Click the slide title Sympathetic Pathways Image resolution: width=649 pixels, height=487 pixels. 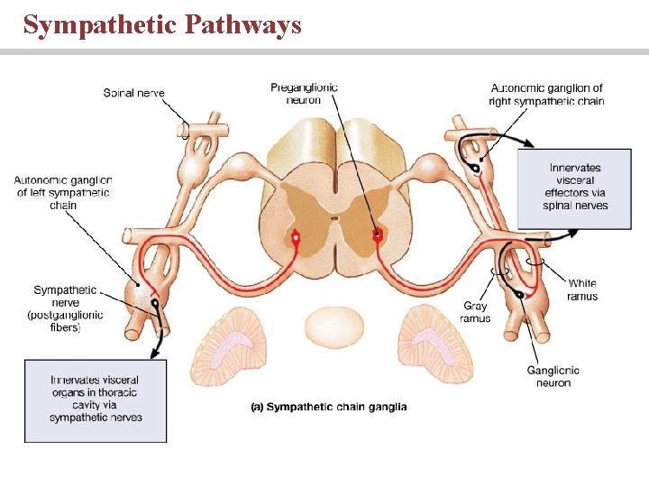pyautogui.click(x=162, y=25)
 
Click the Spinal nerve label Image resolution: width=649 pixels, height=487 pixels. pyautogui.click(x=133, y=93)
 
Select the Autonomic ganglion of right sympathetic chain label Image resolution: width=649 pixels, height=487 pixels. pyautogui.click(x=546, y=94)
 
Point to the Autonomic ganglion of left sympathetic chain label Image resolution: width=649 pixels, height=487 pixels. pyautogui.click(x=63, y=192)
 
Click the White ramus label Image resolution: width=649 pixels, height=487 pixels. pyautogui.click(x=581, y=289)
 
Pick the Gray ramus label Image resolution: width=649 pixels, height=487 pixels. pyautogui.click(x=474, y=312)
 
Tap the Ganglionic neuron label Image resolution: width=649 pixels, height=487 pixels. pyautogui.click(x=553, y=376)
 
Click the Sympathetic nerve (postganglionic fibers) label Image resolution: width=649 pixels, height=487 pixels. pyautogui.click(x=65, y=308)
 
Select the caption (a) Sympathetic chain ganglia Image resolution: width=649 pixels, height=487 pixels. pyautogui.click(x=328, y=407)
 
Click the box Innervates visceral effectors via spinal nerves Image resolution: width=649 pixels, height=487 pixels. pyautogui.click(x=575, y=187)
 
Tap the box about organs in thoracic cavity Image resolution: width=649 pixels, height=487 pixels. pyautogui.click(x=96, y=400)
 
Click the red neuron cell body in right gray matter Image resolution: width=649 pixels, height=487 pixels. pyautogui.click(x=378, y=234)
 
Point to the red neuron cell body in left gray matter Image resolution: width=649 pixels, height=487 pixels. pyautogui.click(x=295, y=237)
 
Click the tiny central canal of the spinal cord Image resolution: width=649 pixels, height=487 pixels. pyautogui.click(x=334, y=216)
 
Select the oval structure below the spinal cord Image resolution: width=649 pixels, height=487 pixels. pyautogui.click(x=334, y=326)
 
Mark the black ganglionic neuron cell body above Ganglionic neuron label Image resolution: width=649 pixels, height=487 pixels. pyautogui.click(x=520, y=295)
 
